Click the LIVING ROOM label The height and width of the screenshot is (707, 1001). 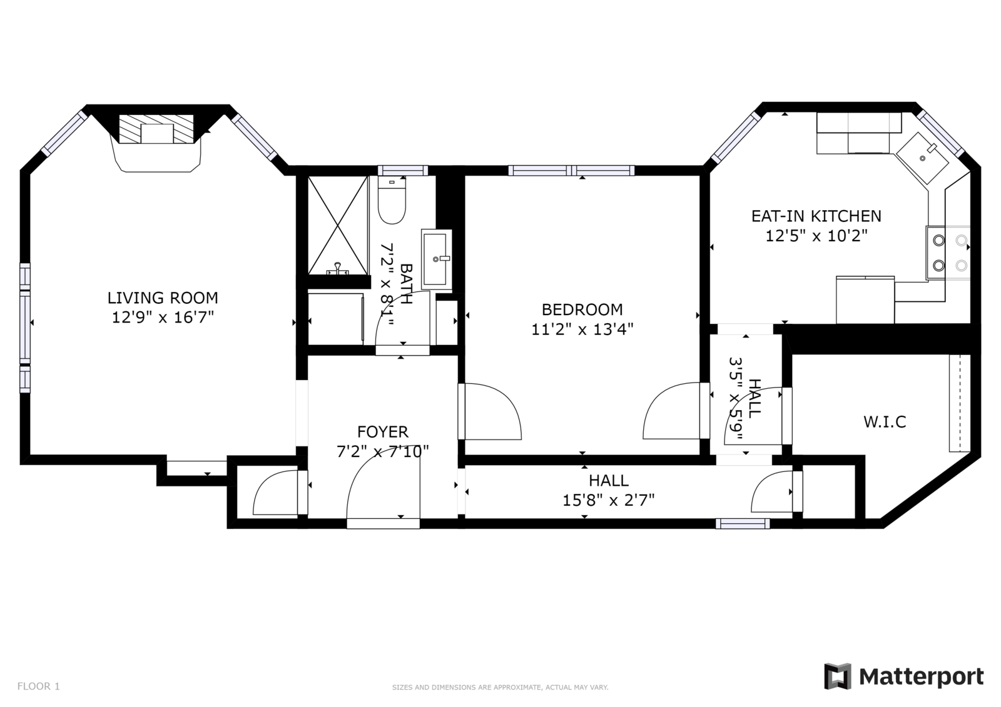163,298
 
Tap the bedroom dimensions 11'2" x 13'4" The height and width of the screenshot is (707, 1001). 582,329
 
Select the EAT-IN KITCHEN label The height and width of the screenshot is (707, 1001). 816,216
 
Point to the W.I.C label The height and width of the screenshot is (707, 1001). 885,422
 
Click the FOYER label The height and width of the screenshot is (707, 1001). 382,432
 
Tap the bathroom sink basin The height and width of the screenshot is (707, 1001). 435,259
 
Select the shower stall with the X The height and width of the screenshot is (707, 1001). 338,226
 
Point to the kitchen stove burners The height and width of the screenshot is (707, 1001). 948,253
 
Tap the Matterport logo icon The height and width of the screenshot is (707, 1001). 838,676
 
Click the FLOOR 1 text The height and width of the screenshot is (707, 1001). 38,686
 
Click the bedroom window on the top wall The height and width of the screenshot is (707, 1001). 572,170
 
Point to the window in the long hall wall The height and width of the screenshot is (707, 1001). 743,523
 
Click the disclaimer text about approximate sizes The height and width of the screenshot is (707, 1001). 500,688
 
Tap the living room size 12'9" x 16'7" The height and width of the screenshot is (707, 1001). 163,318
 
